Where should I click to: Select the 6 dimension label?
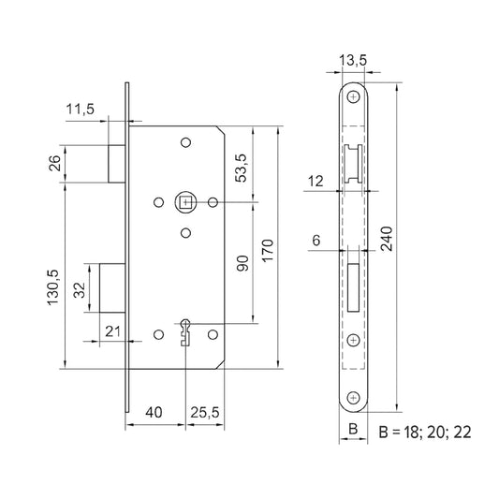[316, 241]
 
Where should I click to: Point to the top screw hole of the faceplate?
[352, 97]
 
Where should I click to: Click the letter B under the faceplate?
[352, 430]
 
